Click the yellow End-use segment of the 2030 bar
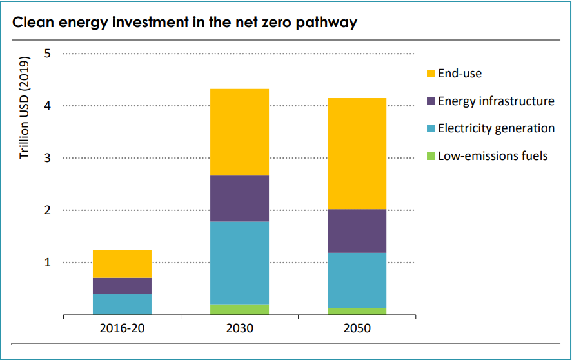(239, 132)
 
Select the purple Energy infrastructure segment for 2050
(357, 231)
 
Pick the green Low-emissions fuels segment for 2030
(239, 309)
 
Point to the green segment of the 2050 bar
(357, 311)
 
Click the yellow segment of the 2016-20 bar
(122, 264)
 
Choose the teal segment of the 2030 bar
(239, 263)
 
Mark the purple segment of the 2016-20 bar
(122, 286)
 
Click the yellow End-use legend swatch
(430, 74)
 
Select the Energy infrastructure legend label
(496, 101)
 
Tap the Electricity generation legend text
(496, 128)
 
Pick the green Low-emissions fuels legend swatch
(430, 156)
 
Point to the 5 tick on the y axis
(47, 54)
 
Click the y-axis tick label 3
(47, 158)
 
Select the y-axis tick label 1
(47, 263)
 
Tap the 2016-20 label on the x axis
(122, 328)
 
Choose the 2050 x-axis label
(357, 328)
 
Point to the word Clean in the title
(33, 23)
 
